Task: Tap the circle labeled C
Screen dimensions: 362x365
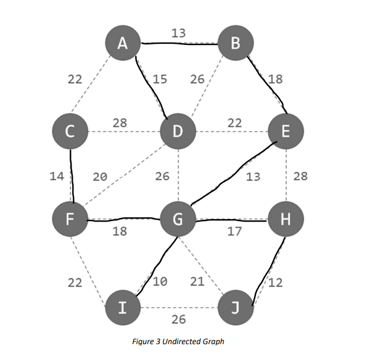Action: pyautogui.click(x=71, y=131)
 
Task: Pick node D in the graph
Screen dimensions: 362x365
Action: pyautogui.click(x=178, y=131)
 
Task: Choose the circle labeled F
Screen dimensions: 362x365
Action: pyautogui.click(x=71, y=219)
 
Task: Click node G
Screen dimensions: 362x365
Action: pyautogui.click(x=178, y=219)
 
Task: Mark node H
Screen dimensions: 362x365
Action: pyautogui.click(x=285, y=219)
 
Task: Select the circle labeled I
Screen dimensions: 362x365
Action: pyautogui.click(x=123, y=307)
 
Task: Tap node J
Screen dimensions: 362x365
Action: pyautogui.click(x=236, y=307)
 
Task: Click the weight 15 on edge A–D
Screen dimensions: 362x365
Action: pyautogui.click(x=160, y=79)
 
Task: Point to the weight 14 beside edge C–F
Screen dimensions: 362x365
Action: pyautogui.click(x=57, y=176)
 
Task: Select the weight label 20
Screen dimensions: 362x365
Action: pyautogui.click(x=100, y=177)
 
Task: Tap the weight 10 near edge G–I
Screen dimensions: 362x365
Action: pyautogui.click(x=160, y=282)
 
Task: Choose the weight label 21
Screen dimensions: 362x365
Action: pyautogui.click(x=197, y=282)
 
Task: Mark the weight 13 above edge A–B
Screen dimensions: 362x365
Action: pyautogui.click(x=178, y=33)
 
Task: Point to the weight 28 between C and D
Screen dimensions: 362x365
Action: pyautogui.click(x=120, y=123)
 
